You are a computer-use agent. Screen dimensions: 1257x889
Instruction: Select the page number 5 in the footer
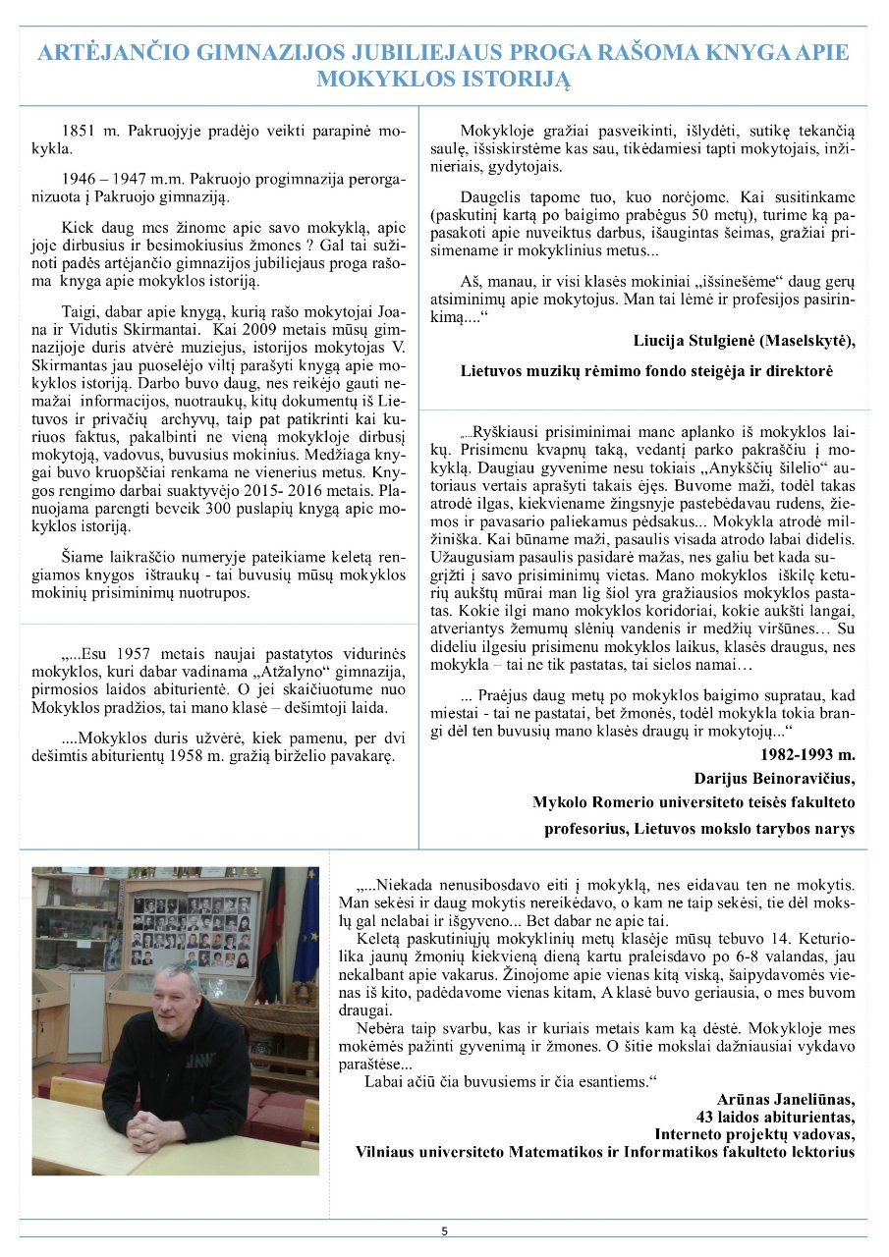(444, 1230)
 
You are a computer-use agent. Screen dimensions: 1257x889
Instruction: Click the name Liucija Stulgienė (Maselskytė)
(746, 341)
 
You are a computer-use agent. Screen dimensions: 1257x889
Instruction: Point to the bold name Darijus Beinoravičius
(774, 779)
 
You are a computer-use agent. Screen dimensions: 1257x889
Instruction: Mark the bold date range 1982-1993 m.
(807, 755)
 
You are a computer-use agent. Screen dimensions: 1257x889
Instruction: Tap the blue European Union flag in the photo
(306, 928)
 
